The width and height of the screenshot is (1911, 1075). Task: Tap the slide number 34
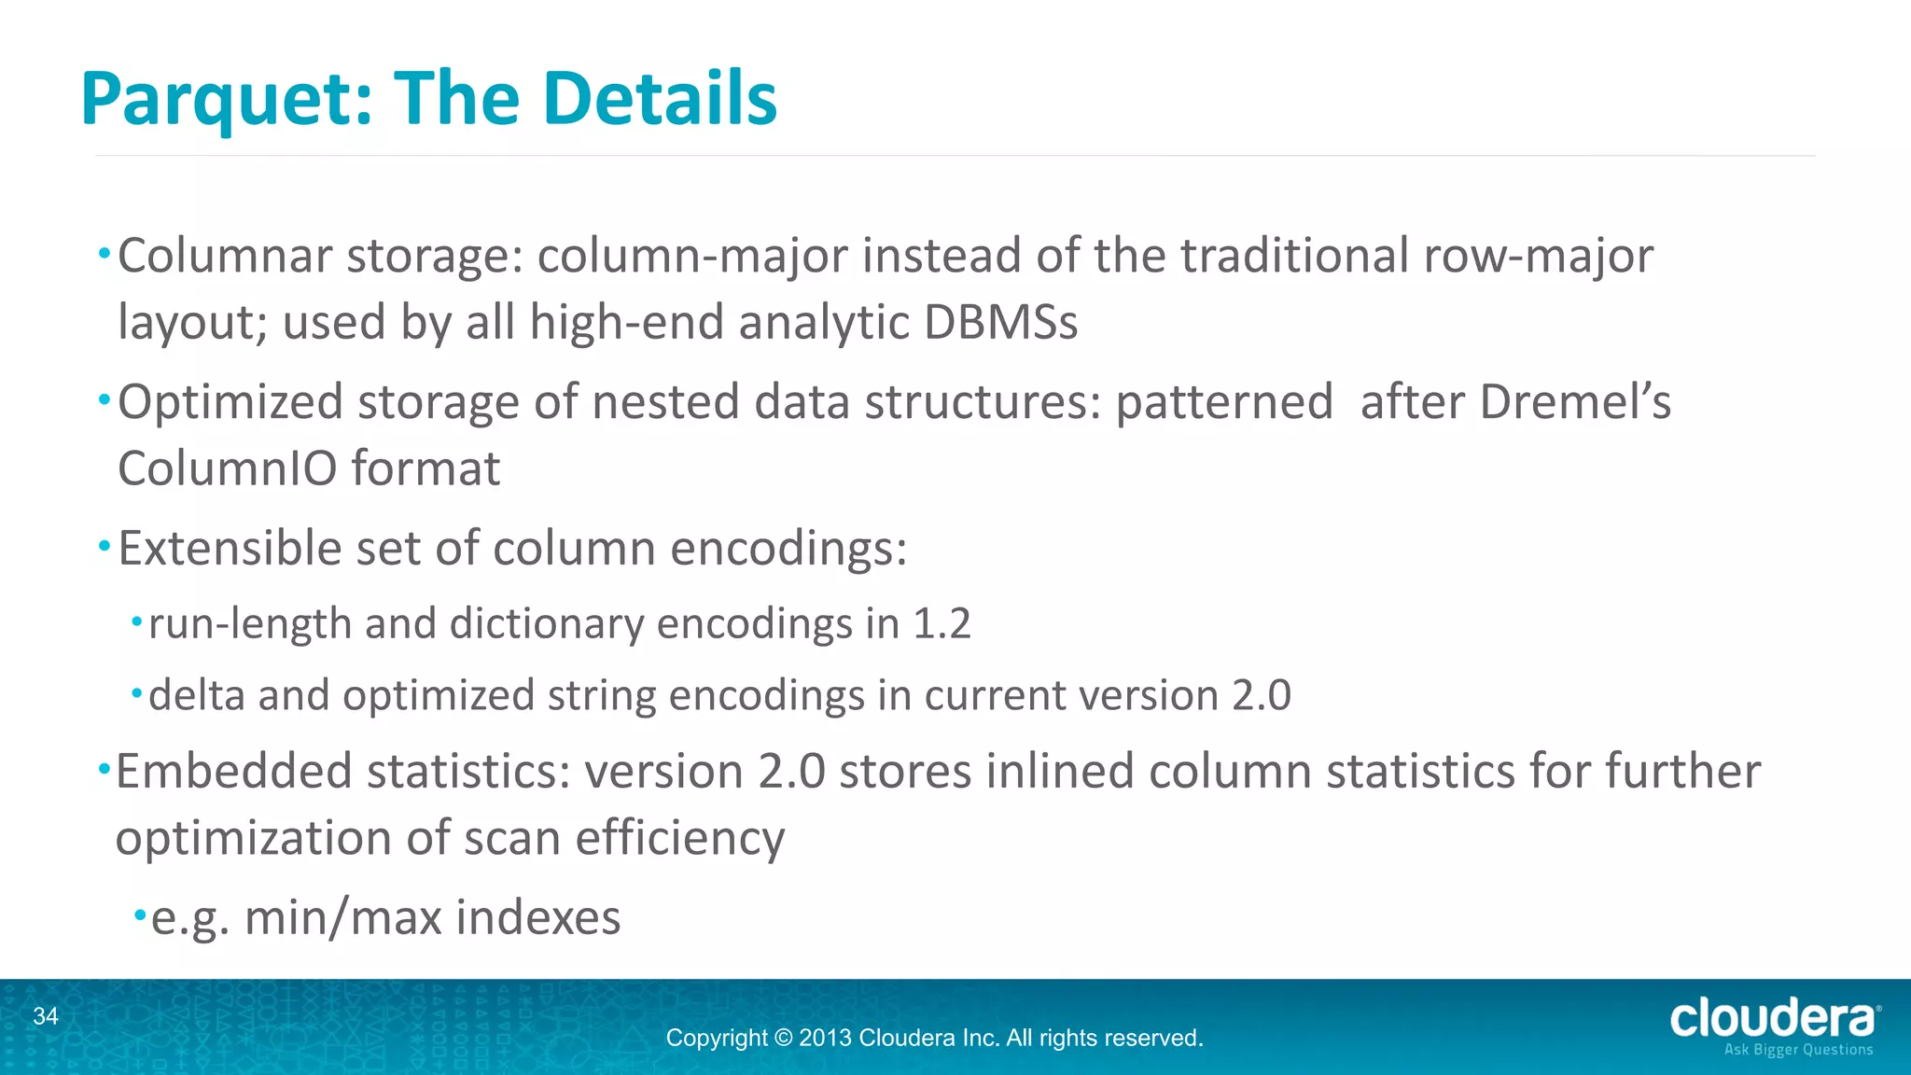pos(46,1016)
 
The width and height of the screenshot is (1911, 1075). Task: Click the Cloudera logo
pos(1773,1018)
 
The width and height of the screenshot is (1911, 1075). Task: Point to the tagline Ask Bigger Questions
pos(1798,1050)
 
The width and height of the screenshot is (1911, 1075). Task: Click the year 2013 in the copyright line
pos(825,1038)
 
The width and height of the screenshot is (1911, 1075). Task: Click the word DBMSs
pos(1000,322)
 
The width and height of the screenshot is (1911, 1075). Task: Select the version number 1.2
pos(942,623)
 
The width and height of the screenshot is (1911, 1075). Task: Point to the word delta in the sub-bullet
pos(196,695)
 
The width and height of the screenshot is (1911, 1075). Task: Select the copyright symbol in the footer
pos(783,1038)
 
